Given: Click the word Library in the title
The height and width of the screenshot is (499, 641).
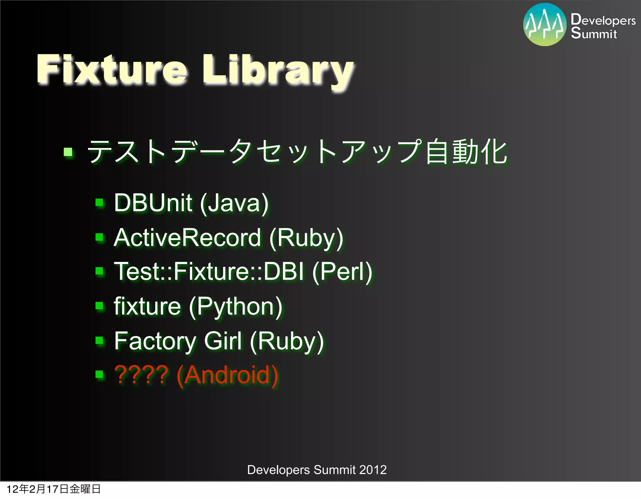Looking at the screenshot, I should point(279,70).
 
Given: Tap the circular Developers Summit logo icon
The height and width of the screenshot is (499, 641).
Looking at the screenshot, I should point(545,25).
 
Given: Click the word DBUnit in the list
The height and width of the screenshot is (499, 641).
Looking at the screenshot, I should point(153,203).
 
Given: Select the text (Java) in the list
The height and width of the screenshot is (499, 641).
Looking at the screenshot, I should point(234,203).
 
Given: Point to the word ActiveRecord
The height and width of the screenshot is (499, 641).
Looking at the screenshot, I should point(187,237).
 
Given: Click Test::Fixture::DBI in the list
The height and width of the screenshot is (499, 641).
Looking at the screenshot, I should point(209,271).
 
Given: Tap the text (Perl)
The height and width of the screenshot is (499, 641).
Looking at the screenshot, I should point(342,272).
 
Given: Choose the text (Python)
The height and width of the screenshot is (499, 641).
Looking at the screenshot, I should point(236,307).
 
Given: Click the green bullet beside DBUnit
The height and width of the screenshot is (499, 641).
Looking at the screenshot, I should point(100,203).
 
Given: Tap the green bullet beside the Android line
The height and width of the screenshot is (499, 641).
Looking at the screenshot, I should point(100,374).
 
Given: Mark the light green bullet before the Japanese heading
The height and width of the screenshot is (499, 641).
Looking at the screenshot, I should point(68,153).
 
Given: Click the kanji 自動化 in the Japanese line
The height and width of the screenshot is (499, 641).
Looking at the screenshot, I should point(466,152).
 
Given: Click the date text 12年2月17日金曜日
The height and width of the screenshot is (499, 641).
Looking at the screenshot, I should point(54,489).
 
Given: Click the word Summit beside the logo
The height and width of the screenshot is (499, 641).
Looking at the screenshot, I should point(594,33).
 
